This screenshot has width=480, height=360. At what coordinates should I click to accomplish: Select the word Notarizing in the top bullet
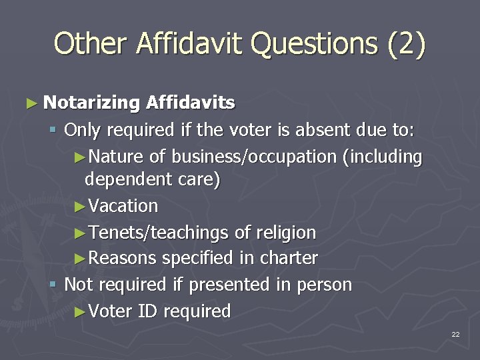[91, 103]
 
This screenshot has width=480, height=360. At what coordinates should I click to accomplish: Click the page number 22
[455, 334]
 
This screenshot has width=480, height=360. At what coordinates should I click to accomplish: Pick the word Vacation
[123, 206]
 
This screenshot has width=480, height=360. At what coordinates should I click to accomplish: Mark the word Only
[83, 129]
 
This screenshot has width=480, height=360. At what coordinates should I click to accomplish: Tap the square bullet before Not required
[54, 285]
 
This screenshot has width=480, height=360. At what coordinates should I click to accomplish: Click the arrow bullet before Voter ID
[79, 311]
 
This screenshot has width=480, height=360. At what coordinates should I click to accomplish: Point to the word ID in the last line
[145, 311]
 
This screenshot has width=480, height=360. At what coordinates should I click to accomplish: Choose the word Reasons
[122, 258]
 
